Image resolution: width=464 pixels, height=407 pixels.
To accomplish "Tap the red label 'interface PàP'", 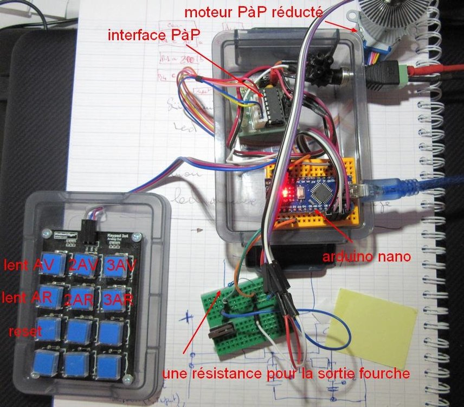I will point(154,36).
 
